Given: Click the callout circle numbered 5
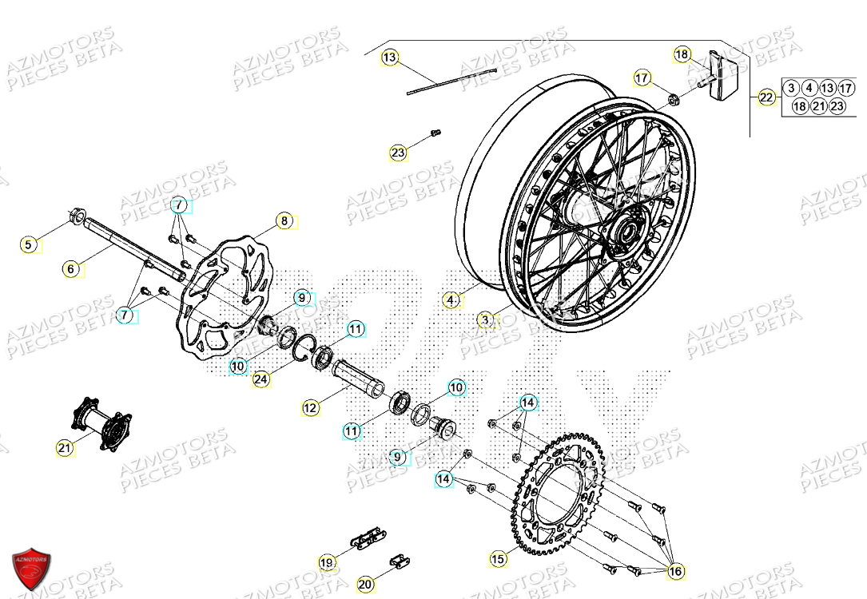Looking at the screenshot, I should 29,245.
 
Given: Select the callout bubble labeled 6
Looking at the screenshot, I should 71,270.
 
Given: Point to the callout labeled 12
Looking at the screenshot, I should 311,408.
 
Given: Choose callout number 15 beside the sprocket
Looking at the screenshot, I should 498,560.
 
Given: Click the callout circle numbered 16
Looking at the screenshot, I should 676,571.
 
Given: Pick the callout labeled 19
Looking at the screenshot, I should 327,563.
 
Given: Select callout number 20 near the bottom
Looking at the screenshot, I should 365,585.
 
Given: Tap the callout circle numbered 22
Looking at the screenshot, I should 766,98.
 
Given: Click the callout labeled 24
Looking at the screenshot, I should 260,379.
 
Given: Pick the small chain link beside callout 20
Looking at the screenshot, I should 396,562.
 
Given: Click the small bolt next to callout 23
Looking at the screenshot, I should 436,133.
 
